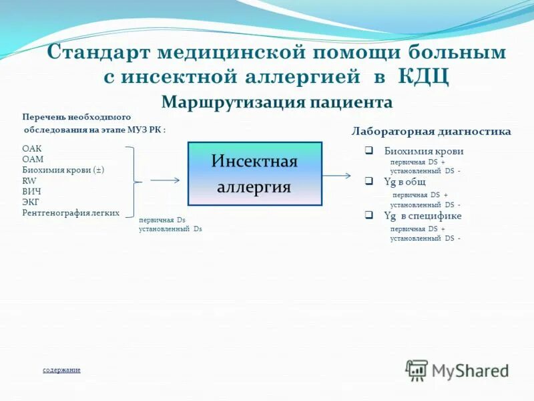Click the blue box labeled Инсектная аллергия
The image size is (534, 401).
254,174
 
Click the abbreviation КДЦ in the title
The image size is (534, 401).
423,76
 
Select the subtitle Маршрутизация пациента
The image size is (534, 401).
277,102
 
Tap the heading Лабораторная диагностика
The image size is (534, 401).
431,132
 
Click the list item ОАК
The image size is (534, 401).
31,149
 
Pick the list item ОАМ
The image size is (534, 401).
32,159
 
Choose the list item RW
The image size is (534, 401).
29,180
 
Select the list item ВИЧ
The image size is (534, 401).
31,191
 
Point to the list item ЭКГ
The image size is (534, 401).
30,202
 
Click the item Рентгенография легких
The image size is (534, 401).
71,213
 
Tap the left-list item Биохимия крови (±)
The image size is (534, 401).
63,170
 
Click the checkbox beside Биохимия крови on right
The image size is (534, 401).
368,151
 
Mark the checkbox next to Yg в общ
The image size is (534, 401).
368,182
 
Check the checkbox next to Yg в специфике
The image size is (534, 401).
368,215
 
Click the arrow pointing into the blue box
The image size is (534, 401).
165,180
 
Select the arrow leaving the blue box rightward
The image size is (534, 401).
337,176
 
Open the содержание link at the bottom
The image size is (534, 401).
61,370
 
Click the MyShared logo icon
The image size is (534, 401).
417,370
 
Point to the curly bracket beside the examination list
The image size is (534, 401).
138,180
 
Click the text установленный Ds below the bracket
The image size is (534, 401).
170,229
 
